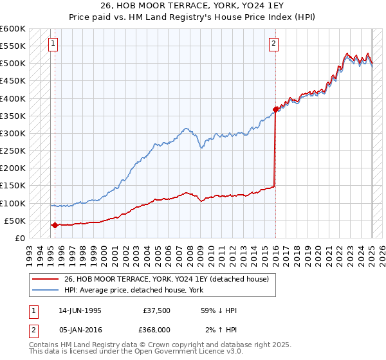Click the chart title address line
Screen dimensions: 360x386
pos(192,5)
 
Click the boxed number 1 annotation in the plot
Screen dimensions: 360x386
pos(52,44)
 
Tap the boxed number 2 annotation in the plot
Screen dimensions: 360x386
pos(273,44)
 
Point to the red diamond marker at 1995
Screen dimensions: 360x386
pos(55,225)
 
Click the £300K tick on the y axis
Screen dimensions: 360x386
pos(12,133)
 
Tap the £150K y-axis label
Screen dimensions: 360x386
pos(12,185)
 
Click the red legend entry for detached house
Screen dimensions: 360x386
pos(170,279)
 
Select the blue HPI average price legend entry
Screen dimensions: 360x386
pos(133,291)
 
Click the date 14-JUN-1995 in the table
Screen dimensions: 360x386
pos(80,310)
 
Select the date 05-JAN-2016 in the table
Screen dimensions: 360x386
pos(80,330)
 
